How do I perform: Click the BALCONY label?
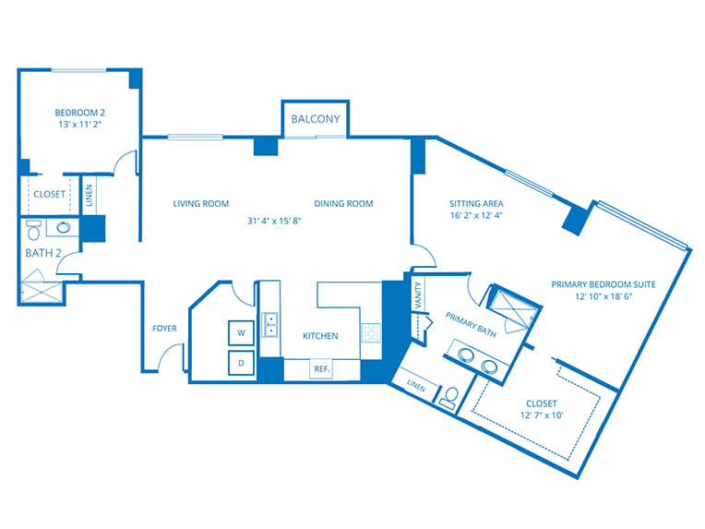coord(316,119)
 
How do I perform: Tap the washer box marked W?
coord(241,333)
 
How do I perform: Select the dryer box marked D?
coord(241,363)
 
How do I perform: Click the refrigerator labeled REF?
coord(322,369)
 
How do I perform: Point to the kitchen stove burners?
coord(371,333)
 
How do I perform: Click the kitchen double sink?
coord(270,325)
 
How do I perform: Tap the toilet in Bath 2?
coord(34,229)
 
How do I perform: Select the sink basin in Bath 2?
coord(63,228)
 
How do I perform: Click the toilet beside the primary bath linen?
coord(449,399)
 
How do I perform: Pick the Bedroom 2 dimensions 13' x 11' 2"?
coord(80,125)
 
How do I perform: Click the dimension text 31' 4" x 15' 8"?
coord(274,221)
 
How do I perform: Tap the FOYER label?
coord(164,329)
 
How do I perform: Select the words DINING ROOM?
coord(343,204)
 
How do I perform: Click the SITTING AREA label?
coord(476,204)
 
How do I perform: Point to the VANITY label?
coord(418,295)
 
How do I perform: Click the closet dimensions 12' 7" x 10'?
coord(542,415)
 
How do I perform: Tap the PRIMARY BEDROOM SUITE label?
coord(603,284)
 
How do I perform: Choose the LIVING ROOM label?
coord(201,204)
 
